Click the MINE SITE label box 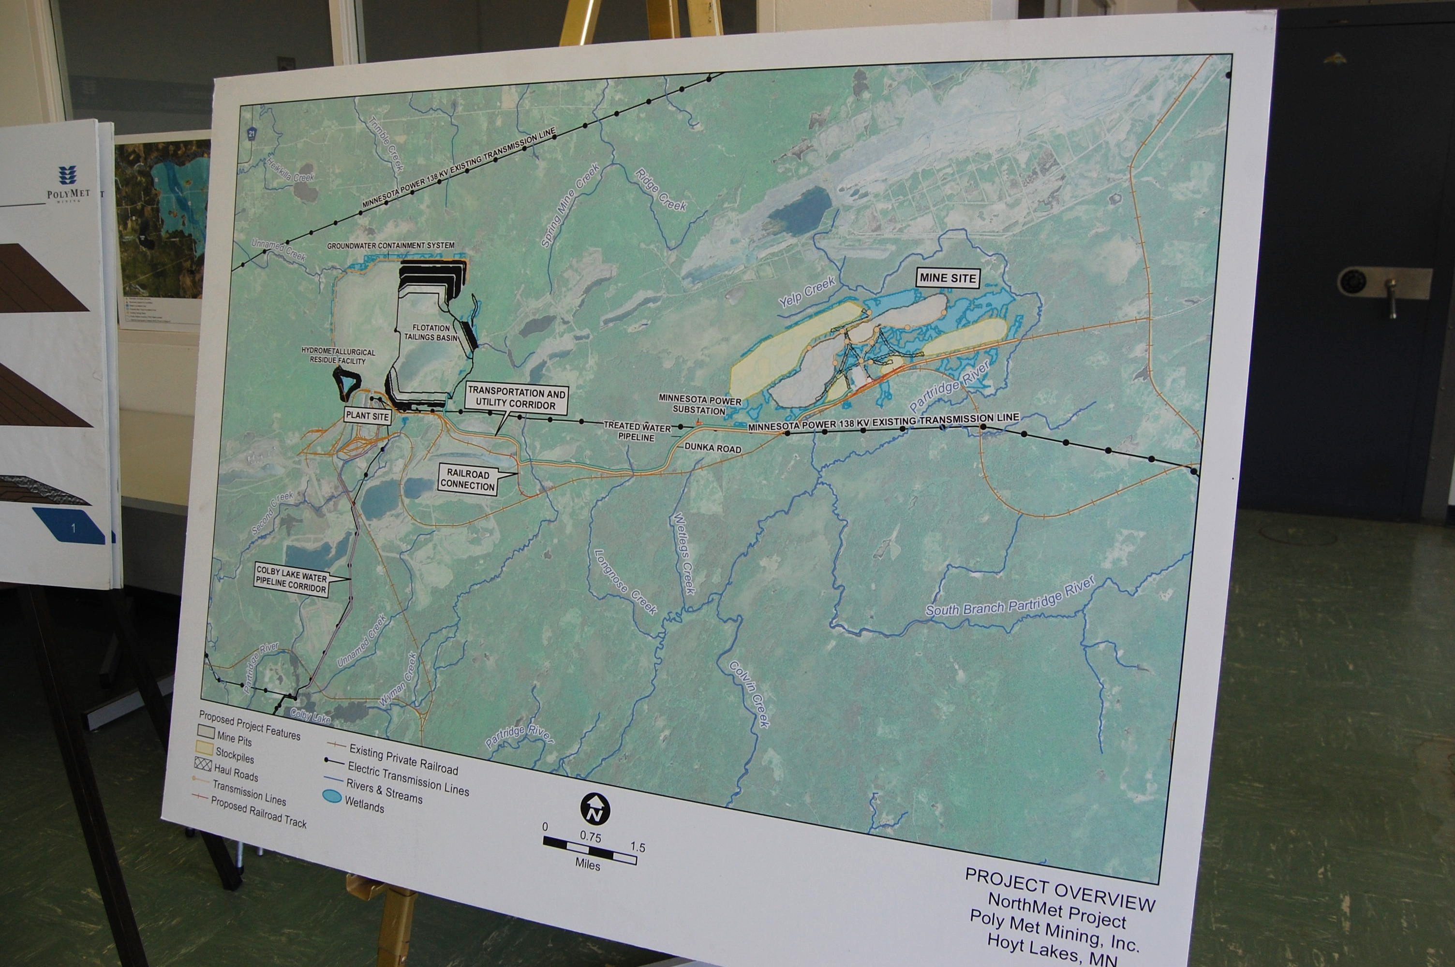[948, 278]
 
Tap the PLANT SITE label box [368, 416]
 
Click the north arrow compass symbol [594, 808]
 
